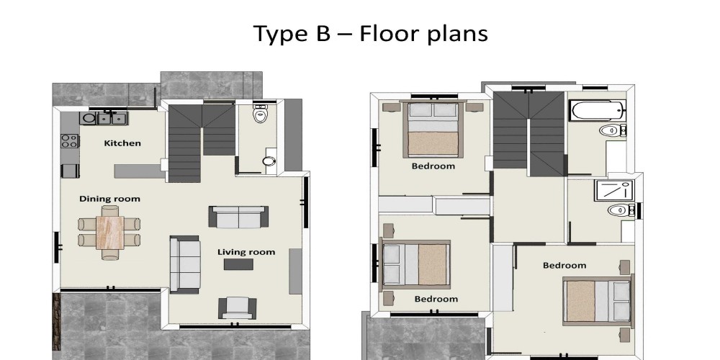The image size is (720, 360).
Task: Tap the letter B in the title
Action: coord(323,33)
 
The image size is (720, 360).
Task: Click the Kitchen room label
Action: coord(122,143)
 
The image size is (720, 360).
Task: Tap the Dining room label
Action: coord(109,199)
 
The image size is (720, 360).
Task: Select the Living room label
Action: coord(246,252)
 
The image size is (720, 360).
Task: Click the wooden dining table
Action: coord(109,233)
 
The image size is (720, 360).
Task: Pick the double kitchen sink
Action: coord(112,119)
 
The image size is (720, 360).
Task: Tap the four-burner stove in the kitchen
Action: coord(70,141)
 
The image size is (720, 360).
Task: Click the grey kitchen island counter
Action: coord(140,171)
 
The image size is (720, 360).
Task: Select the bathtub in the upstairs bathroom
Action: coord(598,110)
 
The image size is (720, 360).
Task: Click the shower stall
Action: coord(614,191)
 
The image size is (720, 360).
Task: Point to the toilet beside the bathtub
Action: coord(613,130)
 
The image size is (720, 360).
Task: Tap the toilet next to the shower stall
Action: coord(621,210)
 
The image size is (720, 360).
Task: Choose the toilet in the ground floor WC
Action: coord(261,113)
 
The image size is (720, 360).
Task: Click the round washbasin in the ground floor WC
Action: coord(269,161)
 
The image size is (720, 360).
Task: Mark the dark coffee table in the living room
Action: coord(238,264)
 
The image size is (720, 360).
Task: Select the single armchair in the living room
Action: coord(237,307)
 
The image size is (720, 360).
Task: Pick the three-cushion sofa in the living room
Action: coord(185,264)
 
